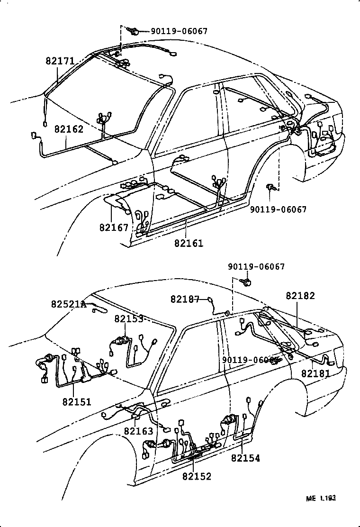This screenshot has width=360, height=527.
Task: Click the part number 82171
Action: point(60,61)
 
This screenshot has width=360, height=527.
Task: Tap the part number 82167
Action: point(114,227)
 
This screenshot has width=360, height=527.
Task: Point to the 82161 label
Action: point(189,243)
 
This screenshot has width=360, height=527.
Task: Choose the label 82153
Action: point(128,319)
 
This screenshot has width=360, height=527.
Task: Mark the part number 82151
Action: point(76,402)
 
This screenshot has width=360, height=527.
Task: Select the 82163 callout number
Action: point(138,431)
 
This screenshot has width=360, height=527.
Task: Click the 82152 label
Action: point(197,476)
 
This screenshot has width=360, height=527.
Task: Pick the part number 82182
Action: point(300,295)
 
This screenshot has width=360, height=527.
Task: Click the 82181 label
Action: point(315,373)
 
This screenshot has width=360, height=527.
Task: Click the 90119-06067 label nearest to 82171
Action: point(179,31)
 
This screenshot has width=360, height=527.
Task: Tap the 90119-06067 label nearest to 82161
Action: point(278,209)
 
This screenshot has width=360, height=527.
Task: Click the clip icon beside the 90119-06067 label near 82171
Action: point(134,32)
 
